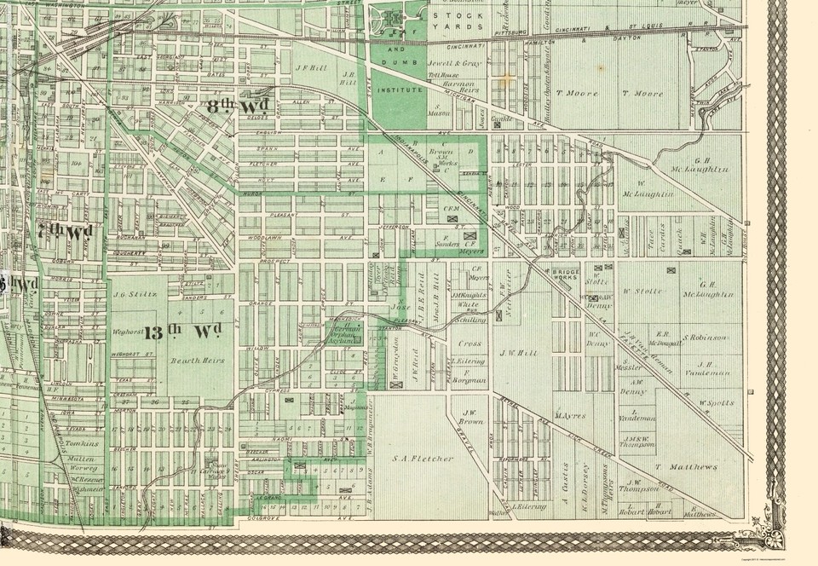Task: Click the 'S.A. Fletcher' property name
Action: pos(423,459)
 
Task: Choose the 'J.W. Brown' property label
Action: pos(470,416)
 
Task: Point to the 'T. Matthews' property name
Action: pos(687,467)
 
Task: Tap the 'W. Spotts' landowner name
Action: pos(717,402)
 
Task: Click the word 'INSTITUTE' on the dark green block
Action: pos(400,89)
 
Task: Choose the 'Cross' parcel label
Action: pos(469,344)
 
